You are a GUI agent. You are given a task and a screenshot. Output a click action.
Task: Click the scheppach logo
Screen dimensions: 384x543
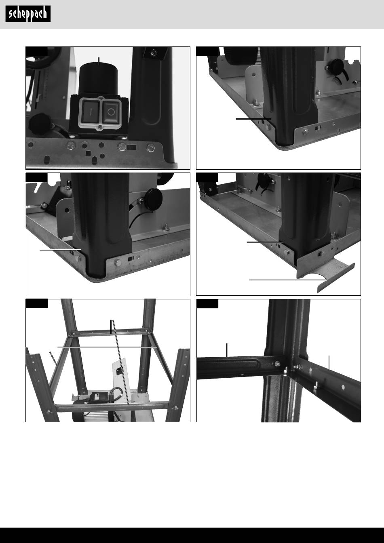[x=28, y=14]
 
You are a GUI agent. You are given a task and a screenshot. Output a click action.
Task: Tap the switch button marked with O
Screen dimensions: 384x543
[x=111, y=112]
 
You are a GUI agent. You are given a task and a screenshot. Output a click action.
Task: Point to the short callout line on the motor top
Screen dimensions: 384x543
[x=99, y=61]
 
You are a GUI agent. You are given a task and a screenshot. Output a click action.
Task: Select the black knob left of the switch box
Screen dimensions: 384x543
[x=40, y=123]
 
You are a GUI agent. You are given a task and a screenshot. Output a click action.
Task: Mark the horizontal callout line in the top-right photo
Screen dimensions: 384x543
[x=253, y=119]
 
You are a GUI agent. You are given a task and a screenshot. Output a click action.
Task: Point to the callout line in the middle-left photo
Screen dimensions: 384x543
[x=60, y=249]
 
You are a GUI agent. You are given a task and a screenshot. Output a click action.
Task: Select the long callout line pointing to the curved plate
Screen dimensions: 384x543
[x=288, y=280]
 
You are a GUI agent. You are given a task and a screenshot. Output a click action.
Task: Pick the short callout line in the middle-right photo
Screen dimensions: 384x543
[x=265, y=242]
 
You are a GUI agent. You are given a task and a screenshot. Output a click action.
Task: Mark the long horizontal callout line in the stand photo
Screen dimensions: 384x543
[x=107, y=347]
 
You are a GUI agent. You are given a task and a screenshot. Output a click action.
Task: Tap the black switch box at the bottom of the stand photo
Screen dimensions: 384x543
[x=98, y=398]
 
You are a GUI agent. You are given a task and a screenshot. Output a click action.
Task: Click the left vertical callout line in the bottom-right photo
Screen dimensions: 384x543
[x=227, y=350]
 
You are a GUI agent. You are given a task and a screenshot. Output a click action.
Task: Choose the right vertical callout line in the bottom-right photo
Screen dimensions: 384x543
[x=329, y=362]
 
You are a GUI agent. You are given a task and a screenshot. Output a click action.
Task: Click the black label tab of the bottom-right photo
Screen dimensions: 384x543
[x=207, y=304]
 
